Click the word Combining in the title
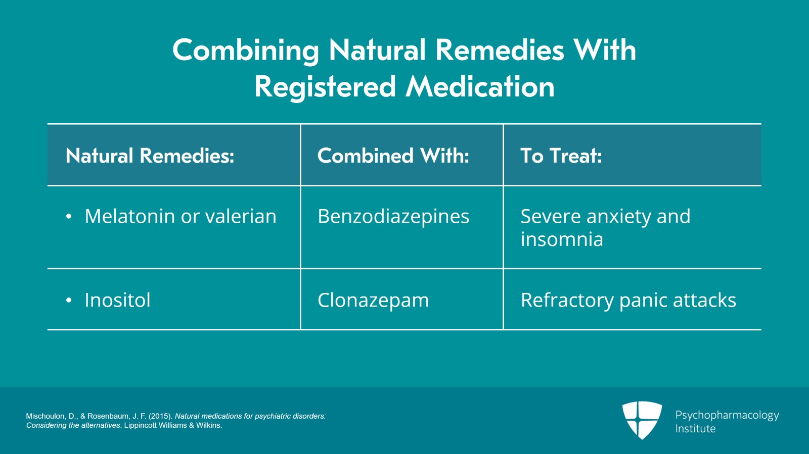tap(246, 51)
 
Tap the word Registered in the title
tap(325, 87)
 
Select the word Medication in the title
tap(480, 87)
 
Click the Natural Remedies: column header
tap(150, 156)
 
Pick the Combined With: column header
tap(393, 156)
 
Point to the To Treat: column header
tap(561, 156)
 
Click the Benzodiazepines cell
tap(393, 217)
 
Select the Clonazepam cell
tap(373, 300)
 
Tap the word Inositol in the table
tap(117, 300)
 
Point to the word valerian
tap(241, 216)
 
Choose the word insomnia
tap(562, 239)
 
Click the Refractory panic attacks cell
tap(628, 300)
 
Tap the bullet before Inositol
tap(69, 300)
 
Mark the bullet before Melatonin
tap(69, 217)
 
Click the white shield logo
tap(642, 420)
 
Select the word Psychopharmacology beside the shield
tap(727, 416)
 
